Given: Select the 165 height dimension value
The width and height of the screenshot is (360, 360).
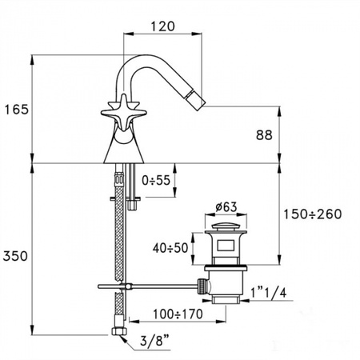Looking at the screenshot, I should [17, 109].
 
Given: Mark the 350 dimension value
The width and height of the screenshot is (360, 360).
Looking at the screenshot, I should [17, 256].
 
